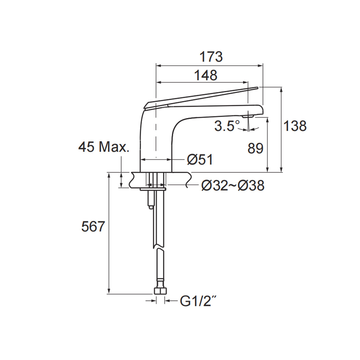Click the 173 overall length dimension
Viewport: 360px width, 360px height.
pyautogui.click(x=211, y=57)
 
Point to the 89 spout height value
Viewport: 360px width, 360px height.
pyautogui.click(x=255, y=148)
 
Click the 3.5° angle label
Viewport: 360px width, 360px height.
pyautogui.click(x=227, y=126)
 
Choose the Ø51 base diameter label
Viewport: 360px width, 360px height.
pyautogui.click(x=200, y=160)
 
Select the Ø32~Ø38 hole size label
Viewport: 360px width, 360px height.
pyautogui.click(x=233, y=186)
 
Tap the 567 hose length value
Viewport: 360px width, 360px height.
pyautogui.click(x=93, y=226)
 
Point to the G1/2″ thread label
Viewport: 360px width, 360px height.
pyautogui.click(x=198, y=301)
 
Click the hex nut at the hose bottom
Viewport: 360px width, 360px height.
pyautogui.click(x=160, y=291)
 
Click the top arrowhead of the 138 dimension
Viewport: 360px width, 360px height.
pyautogui.click(x=281, y=89)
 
